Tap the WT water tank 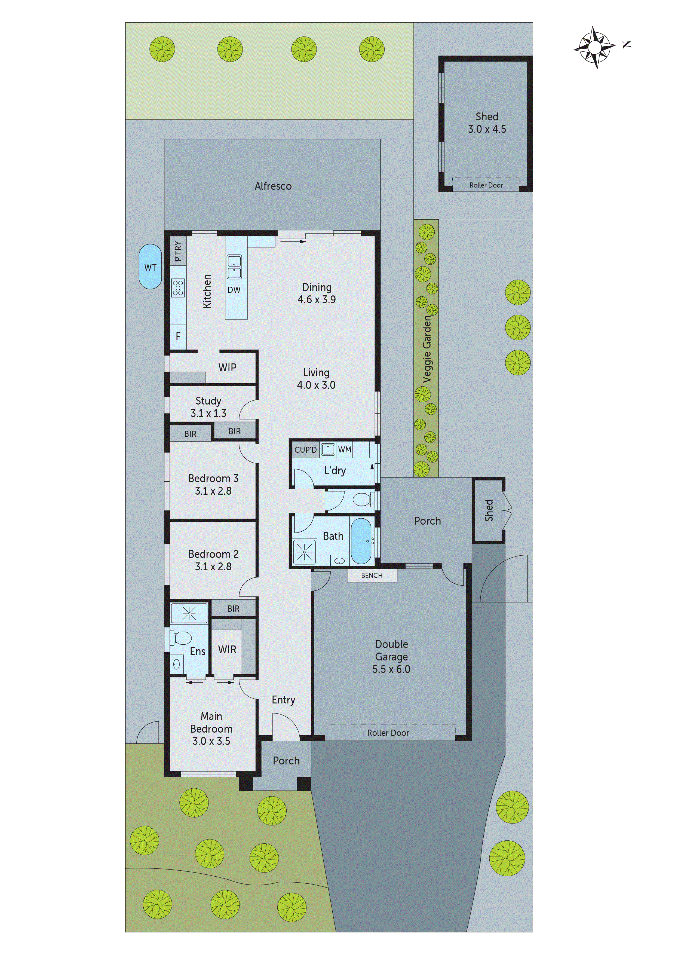tap(150, 267)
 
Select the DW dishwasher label tap(234, 290)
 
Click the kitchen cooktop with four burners tap(178, 288)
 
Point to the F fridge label tap(178, 336)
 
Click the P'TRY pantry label tap(178, 251)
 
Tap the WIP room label tap(227, 367)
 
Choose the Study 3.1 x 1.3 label tap(208, 407)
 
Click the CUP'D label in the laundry tap(305, 450)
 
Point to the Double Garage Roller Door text tap(388, 733)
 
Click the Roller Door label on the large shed tap(486, 185)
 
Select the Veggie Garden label tap(427, 348)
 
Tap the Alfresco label tap(273, 186)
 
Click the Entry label tap(283, 700)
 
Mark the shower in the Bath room tap(305, 552)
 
